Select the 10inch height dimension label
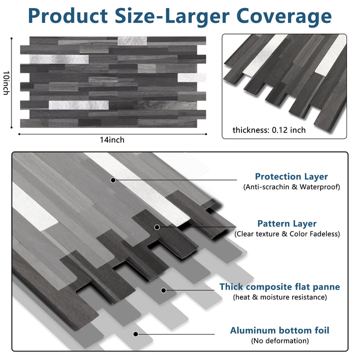(6, 82)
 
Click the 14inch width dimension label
(111, 140)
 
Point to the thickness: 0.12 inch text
(269, 130)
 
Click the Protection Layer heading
(291, 176)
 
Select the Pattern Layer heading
(286, 223)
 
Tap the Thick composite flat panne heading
(279, 287)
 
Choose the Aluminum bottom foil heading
(279, 330)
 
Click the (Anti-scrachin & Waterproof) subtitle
(291, 187)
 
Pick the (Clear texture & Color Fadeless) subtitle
(287, 234)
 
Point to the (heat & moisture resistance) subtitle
(280, 297)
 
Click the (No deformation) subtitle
(279, 341)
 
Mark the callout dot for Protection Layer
(113, 180)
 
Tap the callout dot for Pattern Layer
(157, 227)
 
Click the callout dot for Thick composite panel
(162, 290)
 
